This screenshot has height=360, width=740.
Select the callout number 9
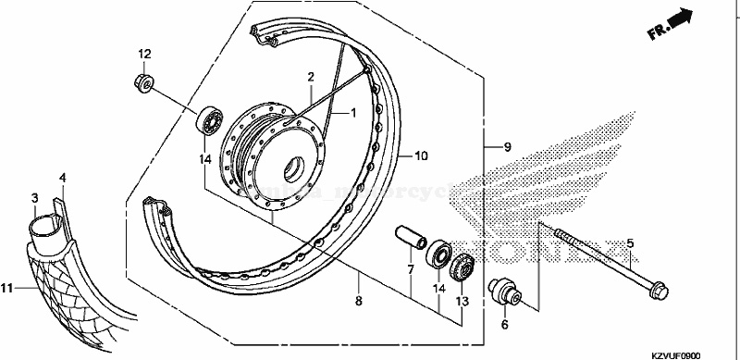508,147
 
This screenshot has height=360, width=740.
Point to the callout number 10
421,156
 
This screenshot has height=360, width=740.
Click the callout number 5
629,244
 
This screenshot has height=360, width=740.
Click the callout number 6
505,326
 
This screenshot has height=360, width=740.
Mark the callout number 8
359,301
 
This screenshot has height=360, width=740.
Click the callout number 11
7,289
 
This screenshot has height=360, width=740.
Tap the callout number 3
34,198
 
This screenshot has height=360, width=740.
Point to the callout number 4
62,177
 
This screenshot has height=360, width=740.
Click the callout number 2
312,77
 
